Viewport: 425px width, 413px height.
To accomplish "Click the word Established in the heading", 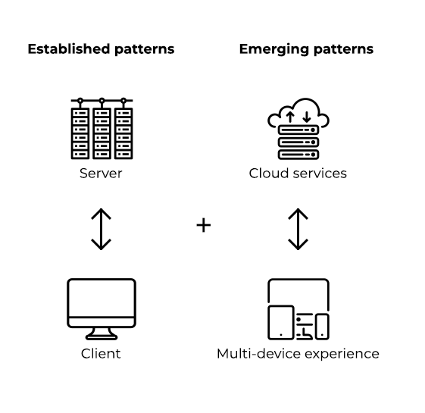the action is (69, 49).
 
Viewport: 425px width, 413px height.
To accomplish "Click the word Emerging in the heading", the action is (274, 50).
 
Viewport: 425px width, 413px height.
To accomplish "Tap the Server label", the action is (101, 174).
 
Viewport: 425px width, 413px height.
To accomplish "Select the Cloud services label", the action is (298, 174).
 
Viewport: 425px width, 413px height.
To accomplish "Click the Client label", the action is (101, 354).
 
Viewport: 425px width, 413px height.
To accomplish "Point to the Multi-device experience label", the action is (298, 354).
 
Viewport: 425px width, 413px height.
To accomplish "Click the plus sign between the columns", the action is (204, 225).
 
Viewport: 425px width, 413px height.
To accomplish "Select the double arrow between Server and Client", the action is (101, 229).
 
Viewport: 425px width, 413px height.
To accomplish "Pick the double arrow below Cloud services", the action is (298, 229).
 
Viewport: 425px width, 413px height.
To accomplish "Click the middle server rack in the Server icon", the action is (102, 133).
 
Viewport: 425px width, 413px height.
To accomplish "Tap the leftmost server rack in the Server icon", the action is (80, 133).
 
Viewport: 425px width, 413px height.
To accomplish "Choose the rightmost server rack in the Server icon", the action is (123, 133).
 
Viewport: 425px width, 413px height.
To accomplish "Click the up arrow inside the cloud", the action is (290, 117).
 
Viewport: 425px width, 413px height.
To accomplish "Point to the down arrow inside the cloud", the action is (307, 117).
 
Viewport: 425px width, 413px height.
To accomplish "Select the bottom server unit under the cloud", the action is (298, 155).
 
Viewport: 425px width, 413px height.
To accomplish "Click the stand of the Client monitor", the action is (102, 334).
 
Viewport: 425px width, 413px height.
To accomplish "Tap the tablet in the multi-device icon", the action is (281, 322).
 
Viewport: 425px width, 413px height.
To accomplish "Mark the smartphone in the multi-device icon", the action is (322, 327).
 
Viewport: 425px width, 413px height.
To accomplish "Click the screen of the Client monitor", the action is (102, 299).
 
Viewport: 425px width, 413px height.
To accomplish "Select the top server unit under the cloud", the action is (298, 130).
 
